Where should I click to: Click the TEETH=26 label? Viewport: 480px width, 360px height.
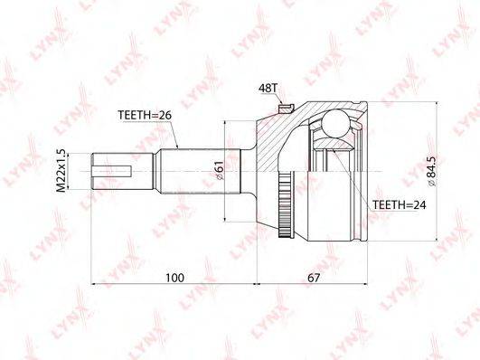pos(145,115)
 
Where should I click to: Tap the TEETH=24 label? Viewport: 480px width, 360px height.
pos(399,204)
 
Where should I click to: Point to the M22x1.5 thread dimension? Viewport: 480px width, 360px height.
pos(61,171)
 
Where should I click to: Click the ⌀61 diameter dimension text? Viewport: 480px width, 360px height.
pos(221,171)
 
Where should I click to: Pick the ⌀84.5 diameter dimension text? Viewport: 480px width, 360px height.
pos(431,171)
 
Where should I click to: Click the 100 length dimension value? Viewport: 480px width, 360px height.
pos(175,278)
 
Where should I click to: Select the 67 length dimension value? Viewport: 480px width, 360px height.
pos(314,278)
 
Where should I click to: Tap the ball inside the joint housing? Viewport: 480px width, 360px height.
pos(335,123)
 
